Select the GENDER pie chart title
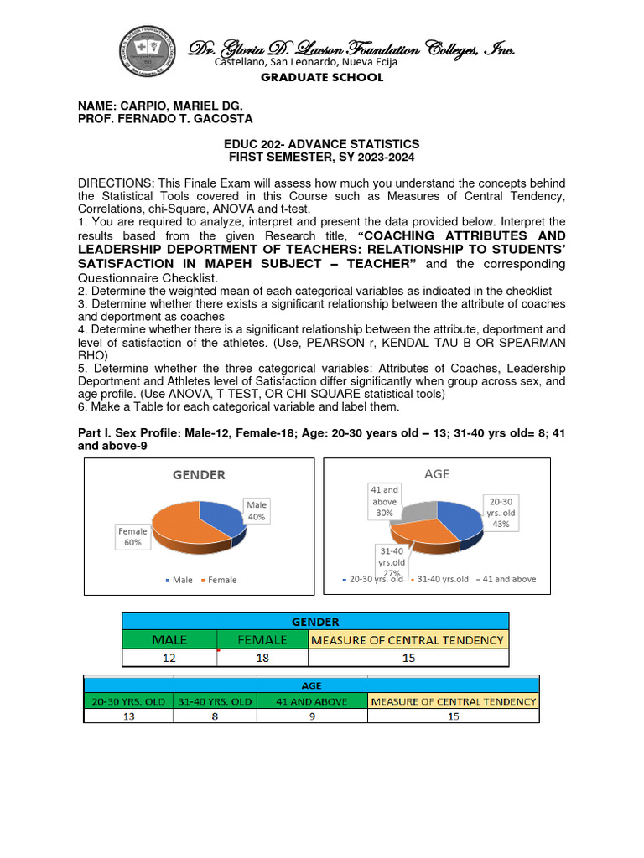[199, 475]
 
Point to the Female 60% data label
[133, 537]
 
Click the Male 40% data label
[256, 511]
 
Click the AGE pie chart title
[437, 474]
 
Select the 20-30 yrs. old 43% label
[501, 512]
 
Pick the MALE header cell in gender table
[169, 640]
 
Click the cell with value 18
[262, 659]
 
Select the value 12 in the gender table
[169, 659]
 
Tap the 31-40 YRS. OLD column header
[216, 701]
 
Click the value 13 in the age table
[128, 716]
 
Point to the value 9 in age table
[311, 716]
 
